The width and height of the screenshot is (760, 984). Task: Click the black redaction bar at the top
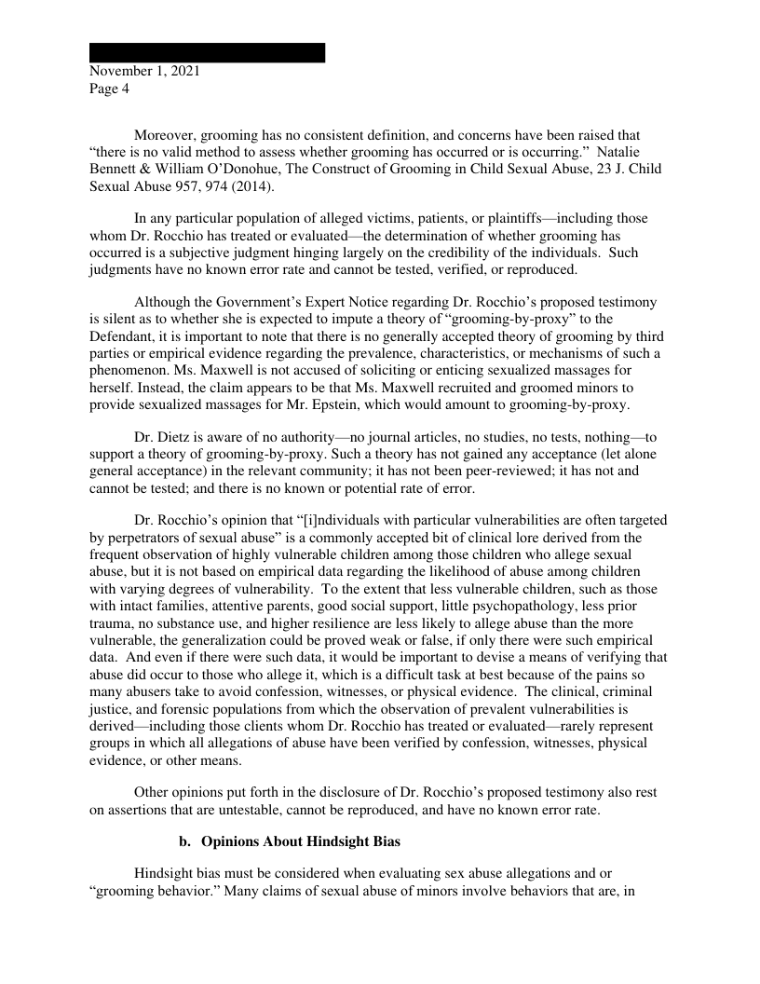point(207,52)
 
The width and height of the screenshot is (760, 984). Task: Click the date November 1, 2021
point(144,72)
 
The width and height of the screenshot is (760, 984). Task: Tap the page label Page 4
point(110,89)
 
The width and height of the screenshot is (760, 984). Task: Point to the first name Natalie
point(636,151)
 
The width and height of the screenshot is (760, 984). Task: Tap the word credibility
point(520,253)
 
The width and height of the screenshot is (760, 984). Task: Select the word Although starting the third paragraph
point(163,302)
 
